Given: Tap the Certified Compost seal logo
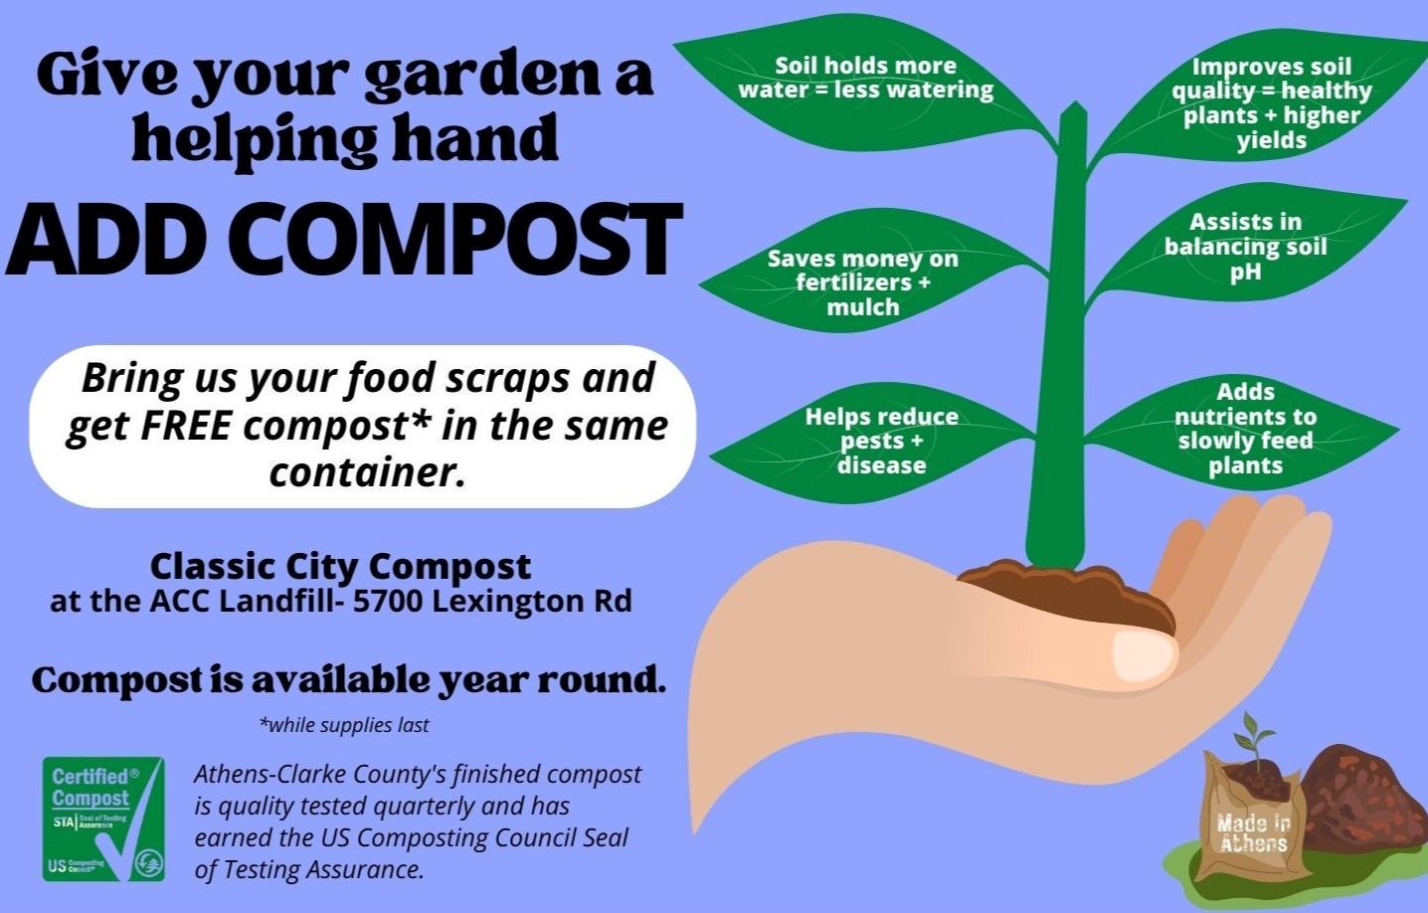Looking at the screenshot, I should click(103, 819).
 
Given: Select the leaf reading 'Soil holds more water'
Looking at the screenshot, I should click(865, 79).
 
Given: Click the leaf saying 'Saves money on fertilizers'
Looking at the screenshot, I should click(862, 282).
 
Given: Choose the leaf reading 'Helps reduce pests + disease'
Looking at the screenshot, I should click(881, 441).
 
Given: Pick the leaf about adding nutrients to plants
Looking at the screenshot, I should click(1245, 429).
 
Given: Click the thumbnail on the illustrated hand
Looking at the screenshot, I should click(1144, 654).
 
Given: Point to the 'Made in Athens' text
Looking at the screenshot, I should click(1253, 833).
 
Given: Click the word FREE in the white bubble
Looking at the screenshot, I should click(187, 426).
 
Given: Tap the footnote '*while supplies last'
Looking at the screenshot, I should click(344, 725).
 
